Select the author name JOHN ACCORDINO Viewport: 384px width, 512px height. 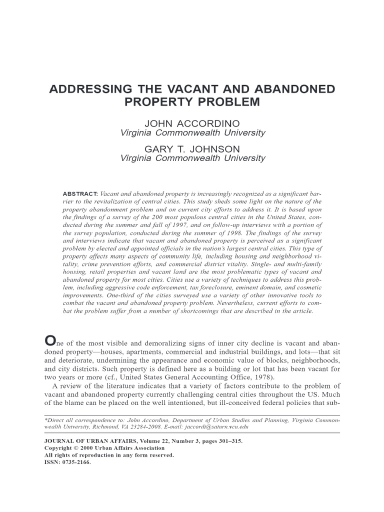[x=192, y=123]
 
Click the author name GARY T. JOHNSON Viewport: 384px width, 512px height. [x=192, y=149]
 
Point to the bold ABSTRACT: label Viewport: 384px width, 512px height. [x=80, y=193]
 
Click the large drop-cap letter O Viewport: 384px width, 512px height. [x=50, y=341]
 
